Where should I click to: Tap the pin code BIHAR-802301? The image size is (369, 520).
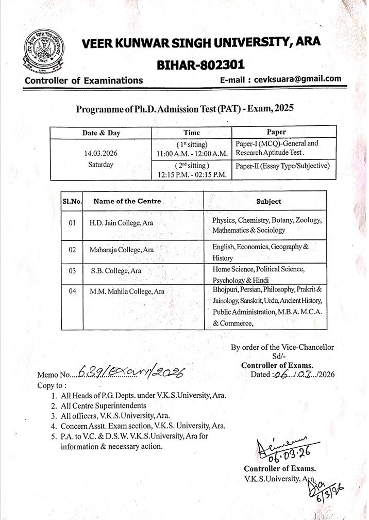(200, 64)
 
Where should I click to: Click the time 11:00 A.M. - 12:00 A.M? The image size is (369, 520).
(192, 154)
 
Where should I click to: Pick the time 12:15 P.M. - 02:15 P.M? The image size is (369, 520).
(192, 175)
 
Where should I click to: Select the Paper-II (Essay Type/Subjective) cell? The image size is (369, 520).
(282, 166)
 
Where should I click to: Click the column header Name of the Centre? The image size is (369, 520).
(127, 201)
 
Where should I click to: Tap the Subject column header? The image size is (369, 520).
(269, 202)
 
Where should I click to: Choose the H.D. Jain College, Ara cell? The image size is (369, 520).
(122, 223)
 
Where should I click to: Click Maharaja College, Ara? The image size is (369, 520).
(122, 250)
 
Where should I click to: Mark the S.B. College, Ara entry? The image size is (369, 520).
(116, 270)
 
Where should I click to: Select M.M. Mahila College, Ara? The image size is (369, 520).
(127, 291)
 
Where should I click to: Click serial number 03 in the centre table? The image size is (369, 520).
(72, 270)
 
